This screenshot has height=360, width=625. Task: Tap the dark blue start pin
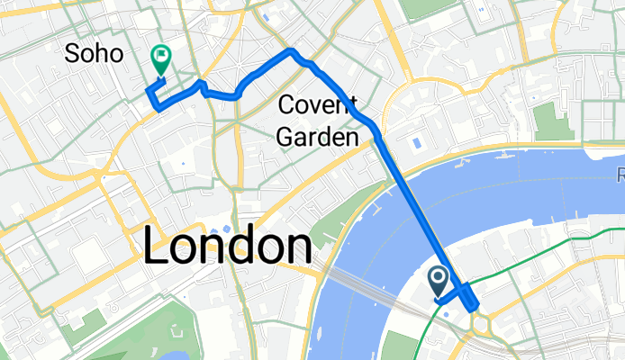pyautogui.click(x=439, y=282)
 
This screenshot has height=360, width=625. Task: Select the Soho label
pyautogui.click(x=94, y=54)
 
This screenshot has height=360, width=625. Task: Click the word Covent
pyautogui.click(x=317, y=104)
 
